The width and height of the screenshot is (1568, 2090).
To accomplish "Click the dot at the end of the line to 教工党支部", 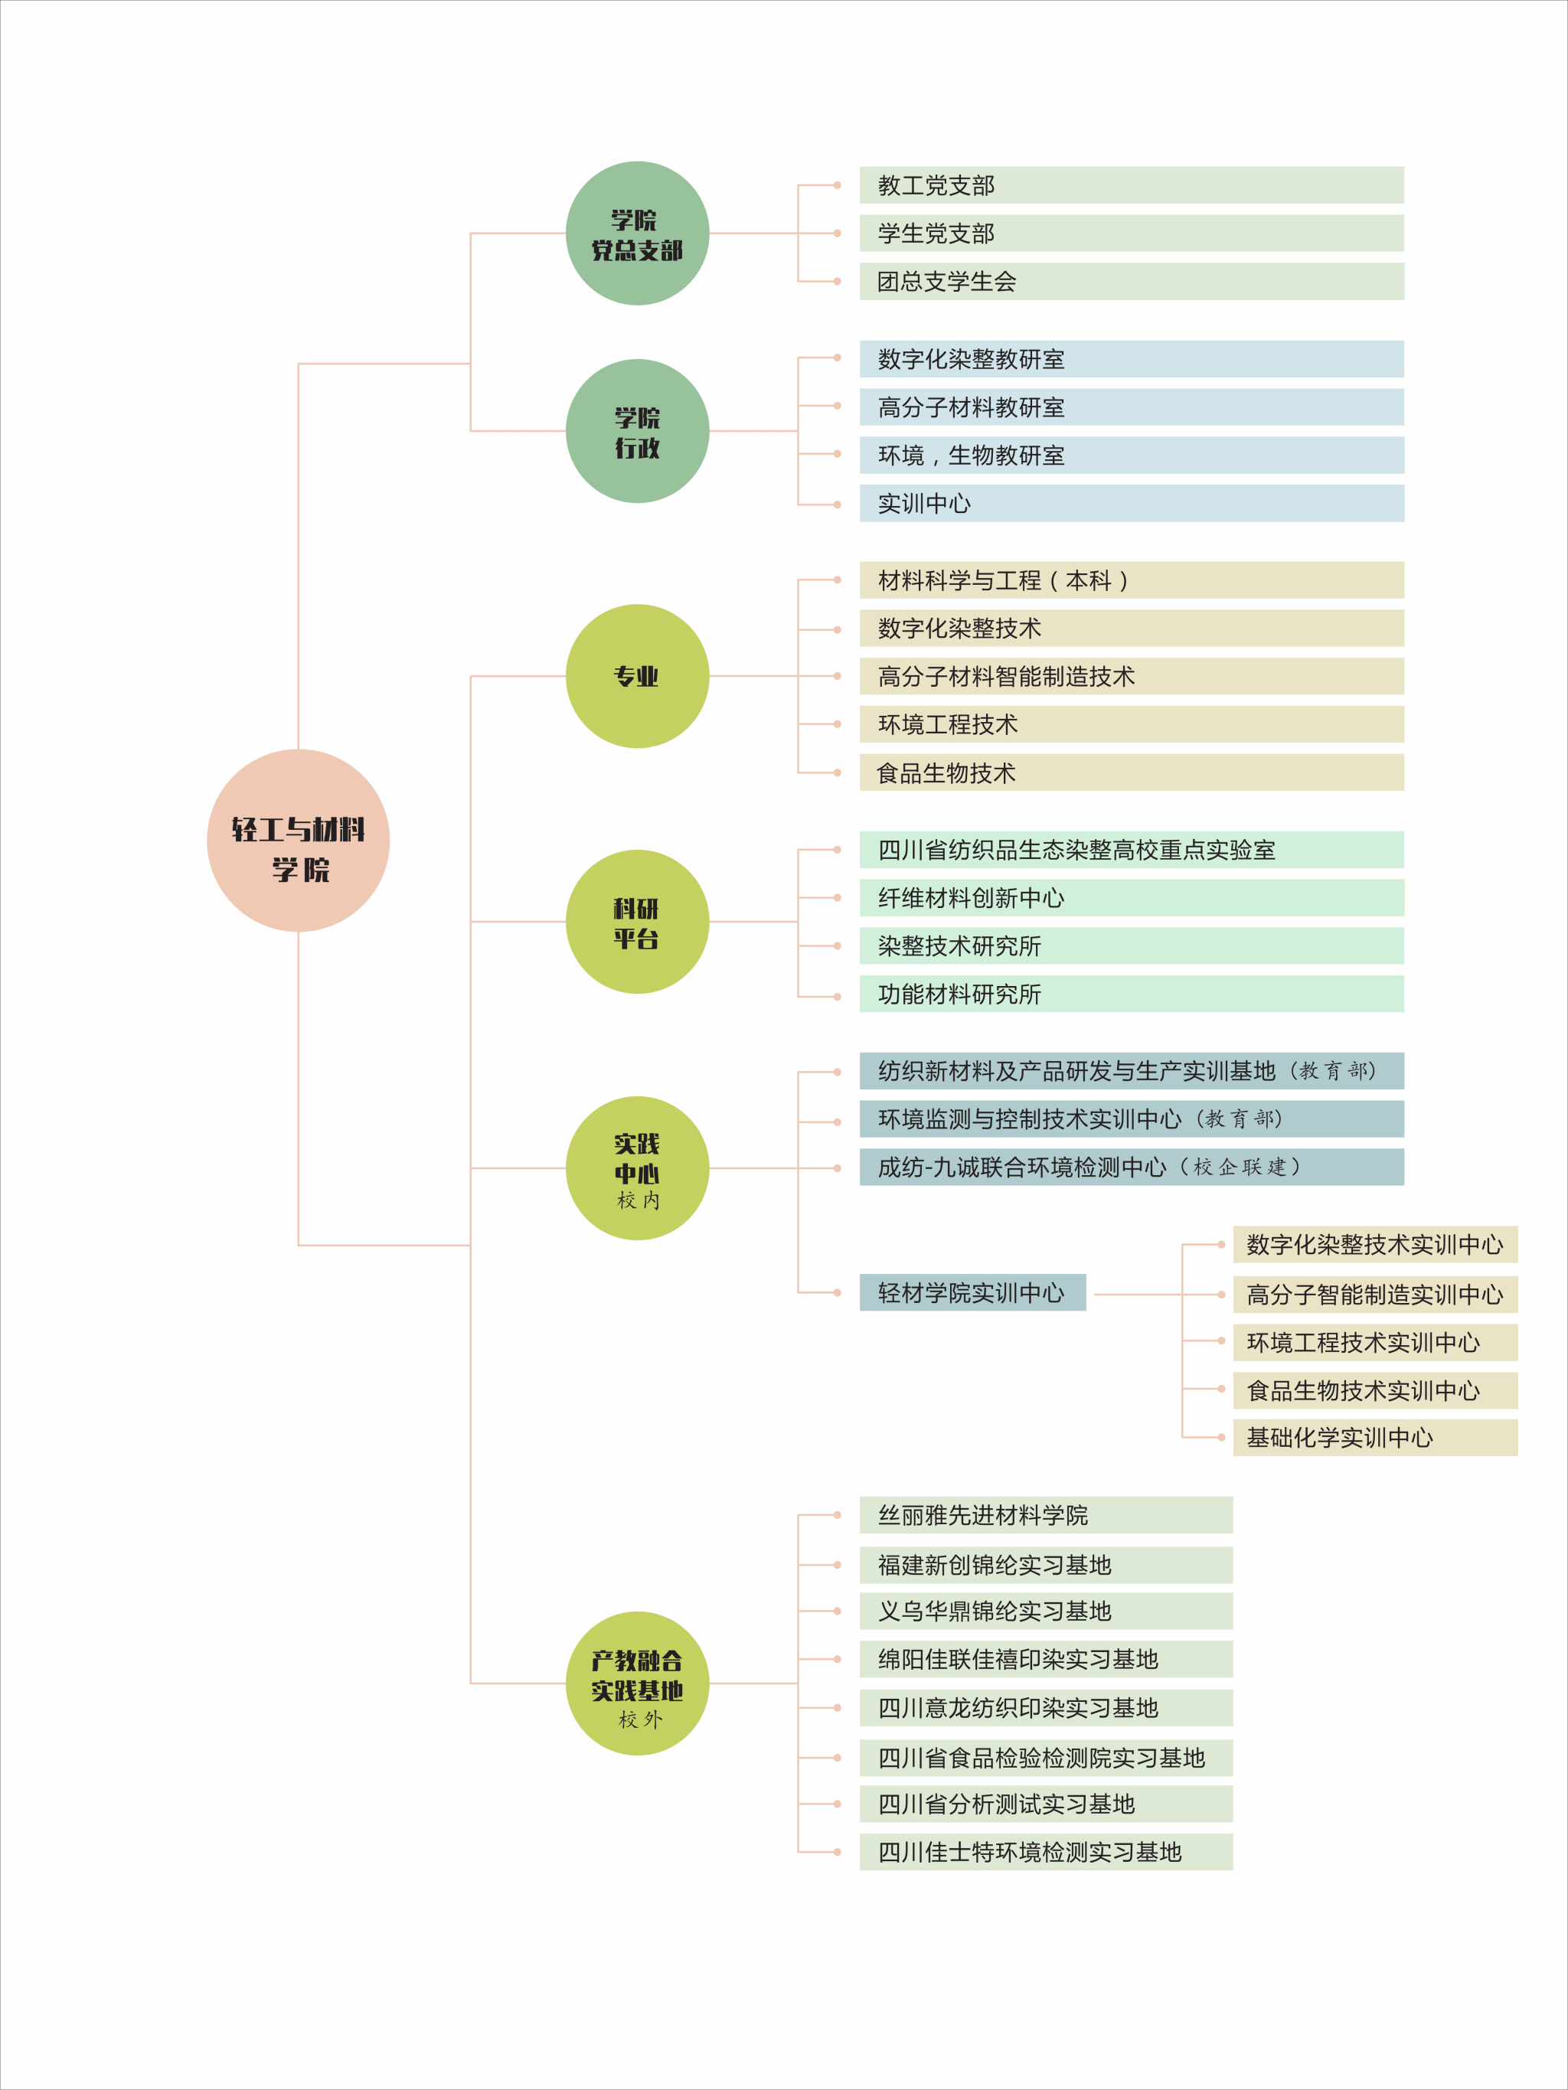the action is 838,185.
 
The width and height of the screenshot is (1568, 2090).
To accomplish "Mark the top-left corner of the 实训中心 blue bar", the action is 860,485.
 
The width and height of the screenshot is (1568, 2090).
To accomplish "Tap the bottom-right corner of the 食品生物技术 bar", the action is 1404,791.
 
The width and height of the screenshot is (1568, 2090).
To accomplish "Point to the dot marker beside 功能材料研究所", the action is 838,997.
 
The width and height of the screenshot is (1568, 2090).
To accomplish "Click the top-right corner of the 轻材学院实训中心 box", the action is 1086,1274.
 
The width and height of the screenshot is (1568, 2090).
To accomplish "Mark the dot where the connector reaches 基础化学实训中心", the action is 1221,1437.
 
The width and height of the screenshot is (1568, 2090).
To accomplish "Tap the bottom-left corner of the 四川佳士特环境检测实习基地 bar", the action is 860,1870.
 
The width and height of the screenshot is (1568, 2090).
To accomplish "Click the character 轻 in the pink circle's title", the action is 245,830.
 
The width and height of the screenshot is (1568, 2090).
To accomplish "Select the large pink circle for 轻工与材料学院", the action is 299,840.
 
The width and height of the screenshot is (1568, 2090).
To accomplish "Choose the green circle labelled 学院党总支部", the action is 638,233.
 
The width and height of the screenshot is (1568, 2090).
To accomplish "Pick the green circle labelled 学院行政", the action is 638,431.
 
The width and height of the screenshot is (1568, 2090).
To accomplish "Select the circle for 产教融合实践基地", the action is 638,1683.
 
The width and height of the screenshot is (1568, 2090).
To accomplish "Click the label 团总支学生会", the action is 947,282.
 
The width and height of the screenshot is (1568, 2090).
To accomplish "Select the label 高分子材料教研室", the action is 972,407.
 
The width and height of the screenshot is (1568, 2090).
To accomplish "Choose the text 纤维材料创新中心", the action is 972,897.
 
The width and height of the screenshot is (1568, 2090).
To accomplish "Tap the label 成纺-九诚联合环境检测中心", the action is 1023,1167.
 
